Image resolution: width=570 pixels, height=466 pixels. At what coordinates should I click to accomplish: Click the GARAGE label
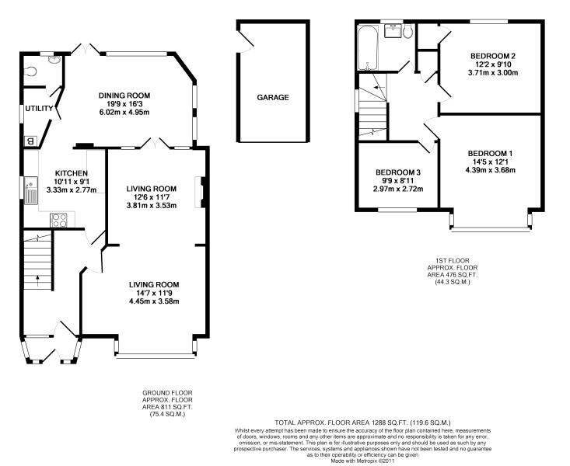[x=273, y=97]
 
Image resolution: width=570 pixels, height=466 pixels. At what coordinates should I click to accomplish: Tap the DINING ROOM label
[x=124, y=96]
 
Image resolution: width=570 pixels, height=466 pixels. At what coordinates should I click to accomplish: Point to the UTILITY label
[x=39, y=109]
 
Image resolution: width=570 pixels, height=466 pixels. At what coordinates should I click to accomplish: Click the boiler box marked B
[x=30, y=141]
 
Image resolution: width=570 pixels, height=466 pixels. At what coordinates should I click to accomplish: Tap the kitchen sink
[x=30, y=190]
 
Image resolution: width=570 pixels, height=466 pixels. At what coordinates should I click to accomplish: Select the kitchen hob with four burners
[x=58, y=220]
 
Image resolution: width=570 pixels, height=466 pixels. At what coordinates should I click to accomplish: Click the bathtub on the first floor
[x=368, y=47]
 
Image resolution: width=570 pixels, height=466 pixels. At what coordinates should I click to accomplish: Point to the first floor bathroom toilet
[x=407, y=31]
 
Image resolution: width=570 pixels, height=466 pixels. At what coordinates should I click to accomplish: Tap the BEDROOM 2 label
[x=492, y=56]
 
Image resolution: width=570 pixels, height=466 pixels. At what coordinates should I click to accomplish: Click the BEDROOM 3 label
[x=398, y=172]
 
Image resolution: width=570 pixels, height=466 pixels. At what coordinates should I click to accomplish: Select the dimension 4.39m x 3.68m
[x=491, y=169]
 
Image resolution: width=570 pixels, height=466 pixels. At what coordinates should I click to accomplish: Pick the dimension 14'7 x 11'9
[x=154, y=293]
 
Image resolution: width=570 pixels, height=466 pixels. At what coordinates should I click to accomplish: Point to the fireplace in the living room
[x=201, y=192]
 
